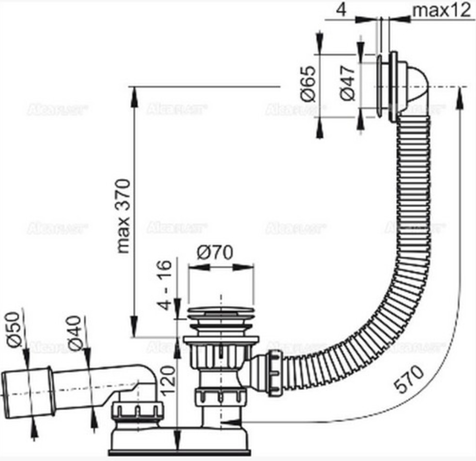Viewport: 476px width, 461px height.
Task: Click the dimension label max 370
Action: click(x=124, y=216)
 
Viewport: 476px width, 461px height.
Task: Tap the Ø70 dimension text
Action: click(x=215, y=253)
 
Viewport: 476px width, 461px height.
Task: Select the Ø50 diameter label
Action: click(x=15, y=330)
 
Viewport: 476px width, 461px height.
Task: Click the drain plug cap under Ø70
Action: click(x=221, y=311)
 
